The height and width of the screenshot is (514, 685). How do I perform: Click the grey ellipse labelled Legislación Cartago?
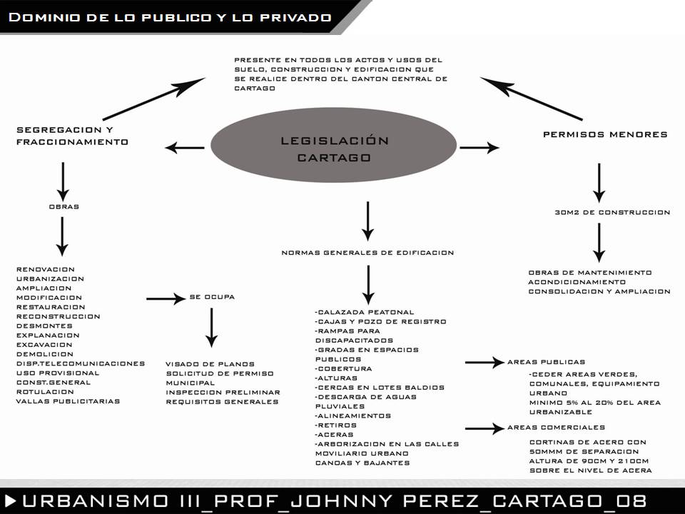click(x=333, y=145)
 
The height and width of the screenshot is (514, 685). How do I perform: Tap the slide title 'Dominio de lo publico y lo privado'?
click(x=170, y=17)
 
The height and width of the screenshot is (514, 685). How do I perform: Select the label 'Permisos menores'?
click(x=605, y=134)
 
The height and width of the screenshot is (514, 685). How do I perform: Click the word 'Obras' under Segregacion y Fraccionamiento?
click(x=64, y=206)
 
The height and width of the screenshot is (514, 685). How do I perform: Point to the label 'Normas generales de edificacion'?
click(x=367, y=253)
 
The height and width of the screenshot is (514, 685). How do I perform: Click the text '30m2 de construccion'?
click(x=612, y=213)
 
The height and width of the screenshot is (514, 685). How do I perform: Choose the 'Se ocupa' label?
click(x=212, y=297)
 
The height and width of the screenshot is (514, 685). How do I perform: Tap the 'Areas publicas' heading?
click(x=546, y=362)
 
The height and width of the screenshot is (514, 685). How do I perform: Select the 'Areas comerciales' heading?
click(x=556, y=428)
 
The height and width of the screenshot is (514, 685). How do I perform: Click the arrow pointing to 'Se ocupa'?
click(x=166, y=298)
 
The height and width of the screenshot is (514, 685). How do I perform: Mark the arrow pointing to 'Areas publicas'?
click(x=485, y=363)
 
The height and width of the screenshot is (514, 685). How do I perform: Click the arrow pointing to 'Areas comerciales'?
click(x=485, y=428)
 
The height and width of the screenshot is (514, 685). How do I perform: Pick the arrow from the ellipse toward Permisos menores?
click(x=479, y=148)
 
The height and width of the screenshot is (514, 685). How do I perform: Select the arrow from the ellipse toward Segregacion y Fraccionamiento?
click(x=184, y=148)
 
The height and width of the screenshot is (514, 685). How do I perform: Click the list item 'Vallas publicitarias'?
click(x=68, y=401)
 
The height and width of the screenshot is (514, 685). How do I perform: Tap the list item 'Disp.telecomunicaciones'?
click(x=81, y=363)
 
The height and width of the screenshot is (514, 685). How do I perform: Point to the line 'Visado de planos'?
click(x=210, y=364)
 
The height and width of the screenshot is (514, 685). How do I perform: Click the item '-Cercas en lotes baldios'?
click(x=380, y=388)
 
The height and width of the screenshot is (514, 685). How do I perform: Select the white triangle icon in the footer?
click(x=11, y=500)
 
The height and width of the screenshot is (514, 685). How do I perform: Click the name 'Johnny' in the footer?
click(x=342, y=501)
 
